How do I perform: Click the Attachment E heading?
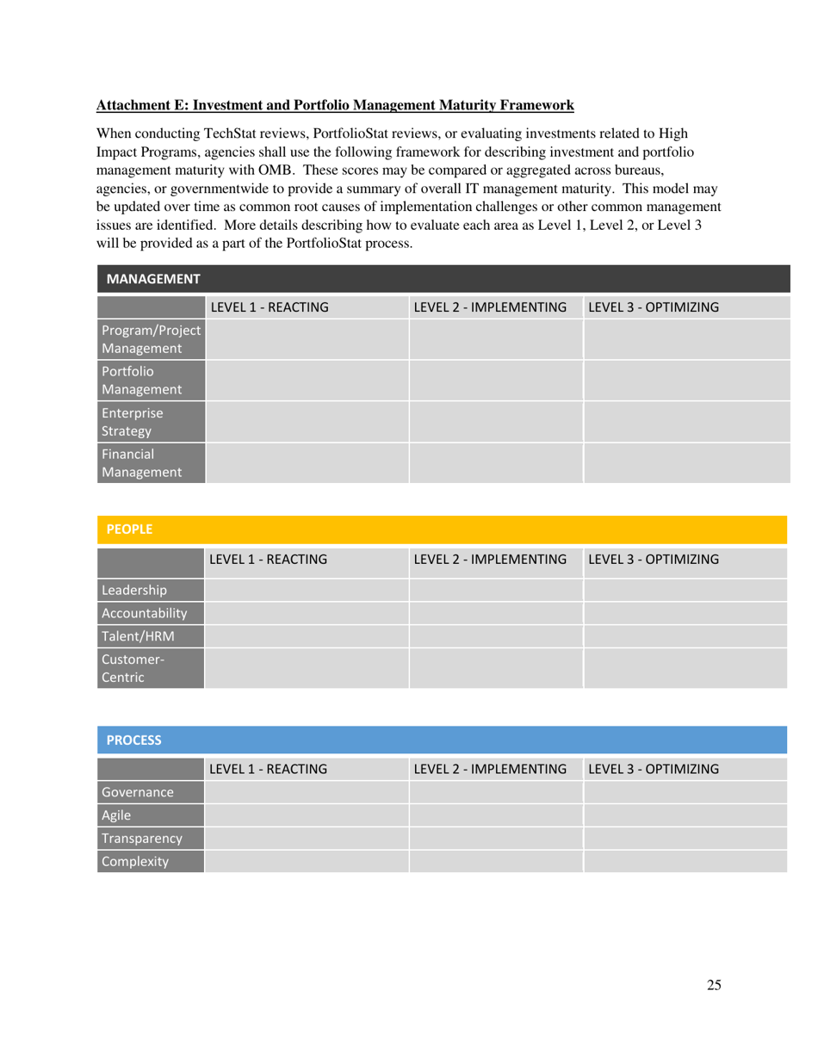[x=335, y=106]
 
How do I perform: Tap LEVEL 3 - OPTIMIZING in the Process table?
[x=654, y=768]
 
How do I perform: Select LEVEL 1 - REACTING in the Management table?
[x=269, y=307]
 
